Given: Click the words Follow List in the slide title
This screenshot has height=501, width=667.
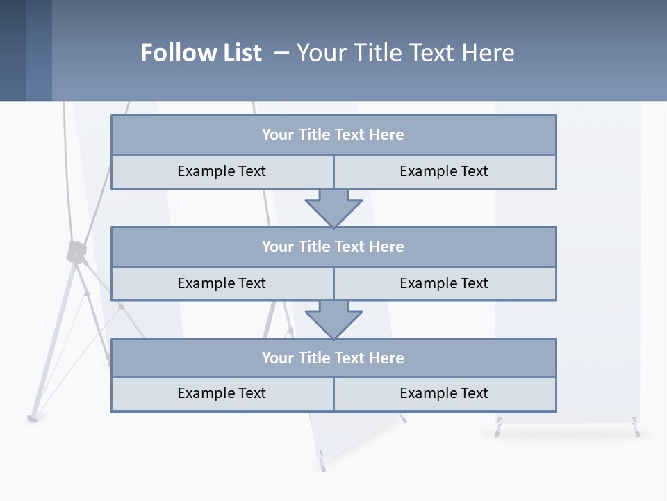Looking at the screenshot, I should click(201, 53).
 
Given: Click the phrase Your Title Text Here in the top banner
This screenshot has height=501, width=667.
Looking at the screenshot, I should click(406, 53).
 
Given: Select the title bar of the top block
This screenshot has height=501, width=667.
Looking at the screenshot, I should click(333, 135).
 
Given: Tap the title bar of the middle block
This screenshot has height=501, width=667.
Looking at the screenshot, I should click(333, 246).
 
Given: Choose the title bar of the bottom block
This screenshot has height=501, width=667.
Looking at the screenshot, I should click(333, 358).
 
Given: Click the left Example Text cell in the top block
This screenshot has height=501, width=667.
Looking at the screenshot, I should click(222, 171).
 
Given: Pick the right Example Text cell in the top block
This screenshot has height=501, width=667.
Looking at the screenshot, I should click(444, 171).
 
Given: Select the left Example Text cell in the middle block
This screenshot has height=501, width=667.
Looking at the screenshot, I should click(222, 283).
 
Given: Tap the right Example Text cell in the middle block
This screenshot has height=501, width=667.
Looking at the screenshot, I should click(444, 283).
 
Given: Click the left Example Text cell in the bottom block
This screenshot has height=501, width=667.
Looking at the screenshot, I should click(222, 393).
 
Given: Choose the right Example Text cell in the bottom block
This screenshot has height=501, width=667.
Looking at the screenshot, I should click(444, 393).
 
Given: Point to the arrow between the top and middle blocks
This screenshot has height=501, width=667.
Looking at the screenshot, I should click(333, 208).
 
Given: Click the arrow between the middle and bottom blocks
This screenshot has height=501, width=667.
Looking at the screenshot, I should click(333, 319).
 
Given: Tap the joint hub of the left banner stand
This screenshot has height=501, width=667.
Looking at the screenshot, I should click(76, 251).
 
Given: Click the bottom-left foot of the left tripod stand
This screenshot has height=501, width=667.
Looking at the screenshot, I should click(32, 418).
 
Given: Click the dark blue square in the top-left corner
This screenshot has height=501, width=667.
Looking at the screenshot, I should click(13, 50).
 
